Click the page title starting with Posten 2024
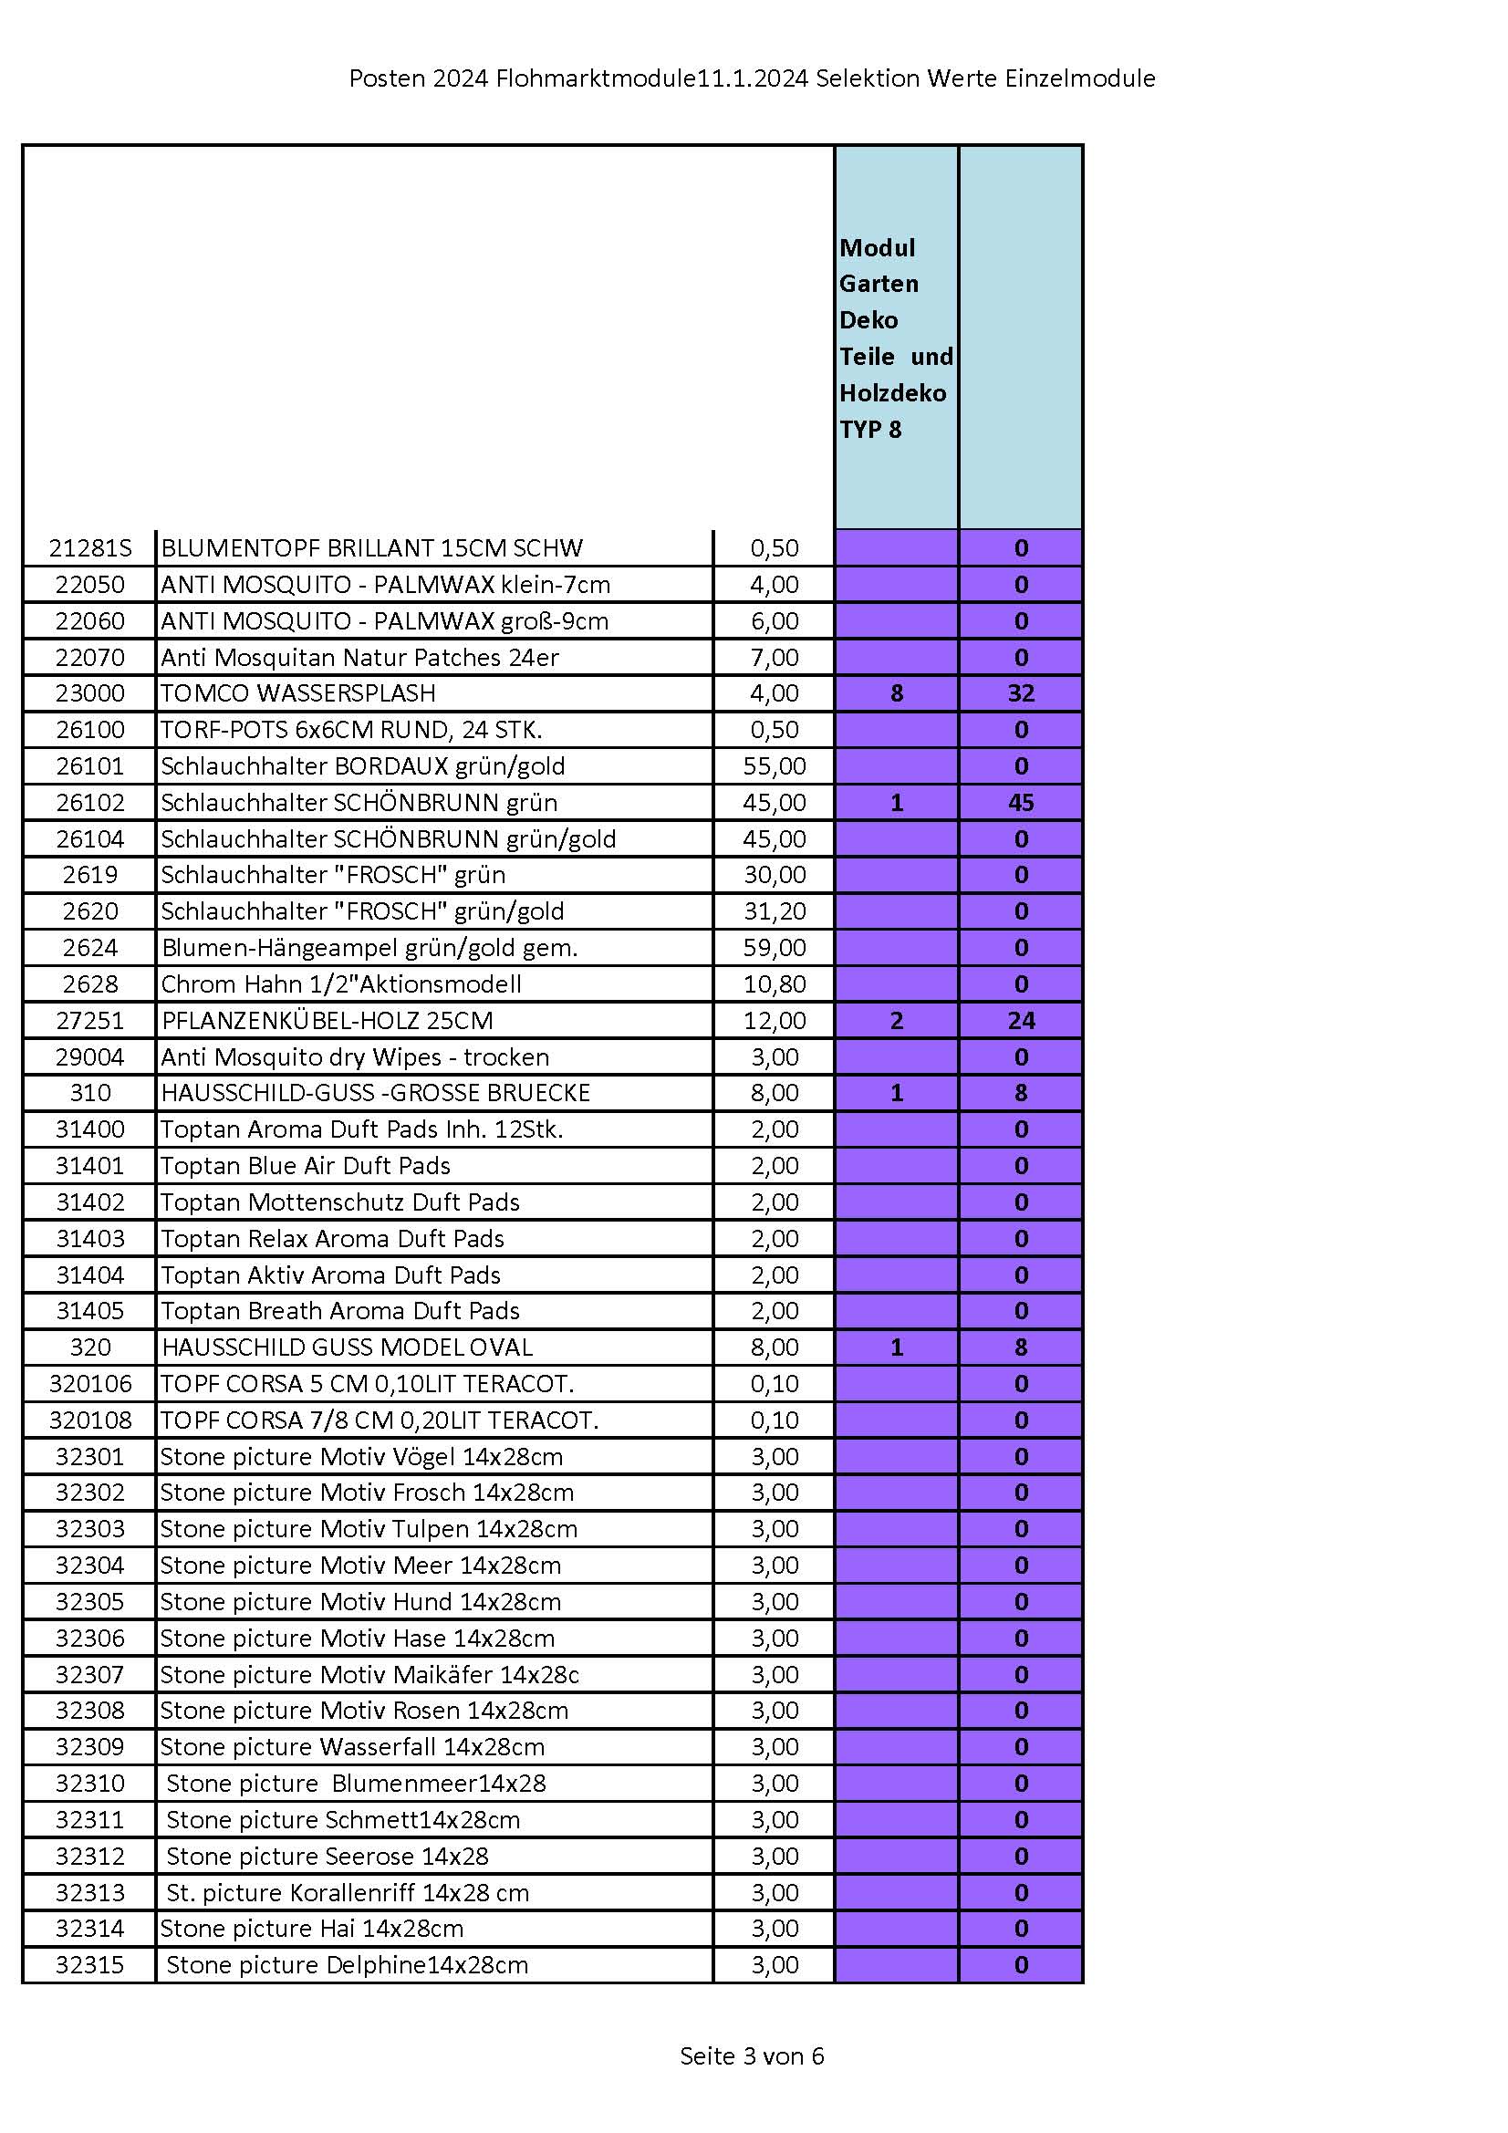coord(752,79)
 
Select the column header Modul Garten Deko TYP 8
coord(895,338)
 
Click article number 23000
coord(90,693)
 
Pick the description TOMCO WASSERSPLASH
coord(298,693)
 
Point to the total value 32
coord(1020,693)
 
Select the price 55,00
coord(774,765)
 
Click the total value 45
coord(1020,802)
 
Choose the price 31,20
coord(774,910)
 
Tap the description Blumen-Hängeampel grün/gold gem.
coord(369,948)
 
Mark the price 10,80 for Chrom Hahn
coord(774,983)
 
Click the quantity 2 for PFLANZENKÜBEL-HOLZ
coord(896,1020)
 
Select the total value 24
coord(1020,1020)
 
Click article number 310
coord(90,1093)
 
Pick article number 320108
coord(90,1420)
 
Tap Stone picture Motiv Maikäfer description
coord(369,1674)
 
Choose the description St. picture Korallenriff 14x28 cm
coord(347,1892)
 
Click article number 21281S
coord(90,548)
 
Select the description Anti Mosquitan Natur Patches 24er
coord(359,657)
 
